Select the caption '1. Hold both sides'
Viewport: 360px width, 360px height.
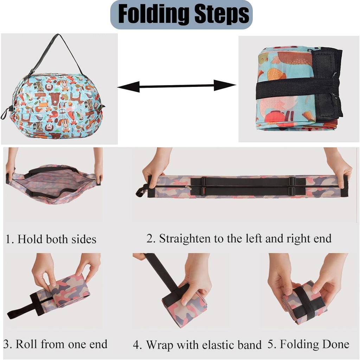51,239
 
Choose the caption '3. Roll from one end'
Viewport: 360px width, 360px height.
55,344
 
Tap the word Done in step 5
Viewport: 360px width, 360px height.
337,344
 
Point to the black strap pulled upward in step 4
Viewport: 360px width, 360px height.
162,272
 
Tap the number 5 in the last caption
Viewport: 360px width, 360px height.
271,344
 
